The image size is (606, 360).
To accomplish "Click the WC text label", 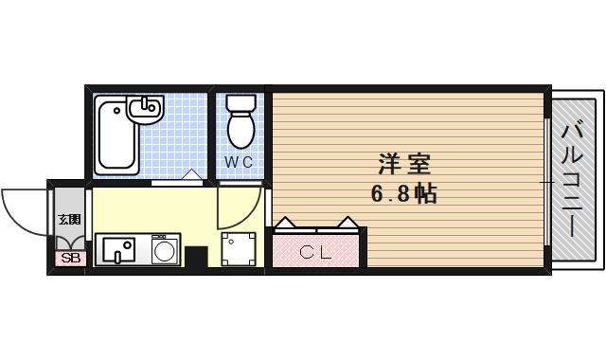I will coord(239,161).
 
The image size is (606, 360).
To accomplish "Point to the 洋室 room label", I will coord(406,164).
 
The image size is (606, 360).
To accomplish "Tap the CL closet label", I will coord(315,252).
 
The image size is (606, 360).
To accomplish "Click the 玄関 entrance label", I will coord(69,221).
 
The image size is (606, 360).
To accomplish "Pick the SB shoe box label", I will coord(69,257).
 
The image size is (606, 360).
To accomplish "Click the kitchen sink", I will coord(118,251).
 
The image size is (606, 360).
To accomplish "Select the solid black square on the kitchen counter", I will coord(196,257).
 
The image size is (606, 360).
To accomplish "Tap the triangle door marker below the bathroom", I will coord(191,175).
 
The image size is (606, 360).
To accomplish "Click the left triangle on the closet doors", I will coord(287,223).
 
